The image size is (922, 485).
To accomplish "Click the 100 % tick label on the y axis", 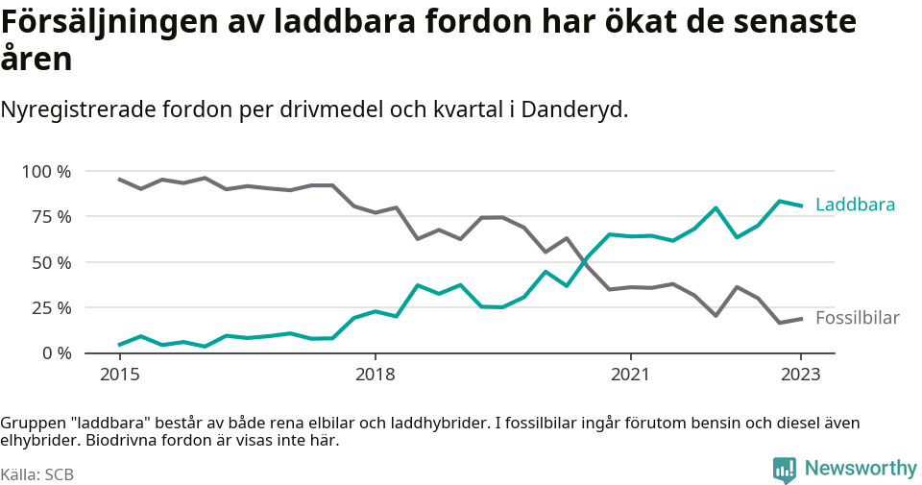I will tap(46, 171).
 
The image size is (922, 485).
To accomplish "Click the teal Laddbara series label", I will tap(855, 205).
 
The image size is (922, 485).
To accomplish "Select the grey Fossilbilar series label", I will tap(857, 318).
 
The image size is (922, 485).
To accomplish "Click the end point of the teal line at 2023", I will tap(801, 206).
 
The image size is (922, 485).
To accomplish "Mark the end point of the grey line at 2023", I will tap(801, 318).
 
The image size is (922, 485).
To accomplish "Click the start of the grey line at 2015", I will tap(119, 179).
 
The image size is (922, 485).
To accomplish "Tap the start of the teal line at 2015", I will tap(119, 345).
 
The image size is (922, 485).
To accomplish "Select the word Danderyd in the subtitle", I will tap(576, 109).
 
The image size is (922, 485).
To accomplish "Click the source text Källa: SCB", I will tap(37, 474).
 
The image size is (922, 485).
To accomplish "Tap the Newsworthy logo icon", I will tap(784, 470).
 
